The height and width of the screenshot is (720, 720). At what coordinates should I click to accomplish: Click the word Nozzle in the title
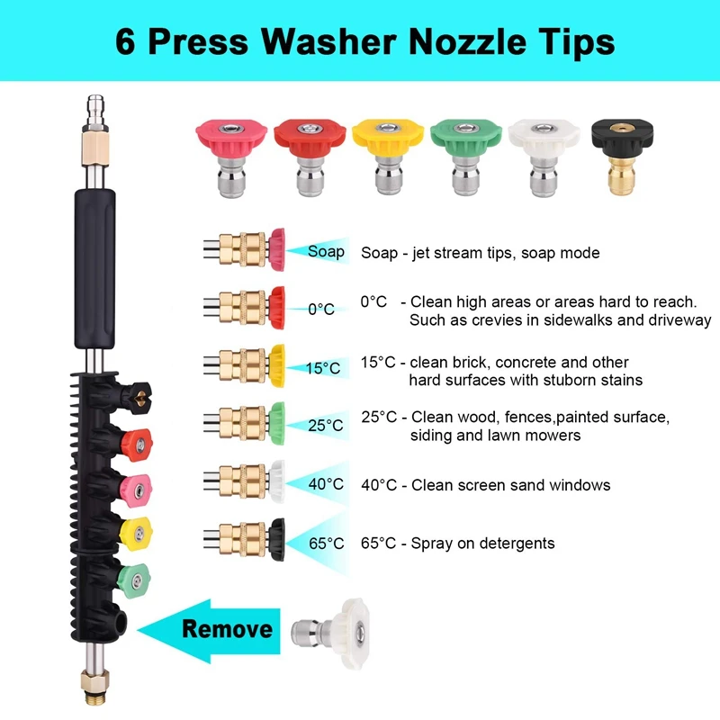pyautogui.click(x=467, y=41)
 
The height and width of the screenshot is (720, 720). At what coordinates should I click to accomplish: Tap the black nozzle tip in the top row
pyautogui.click(x=622, y=156)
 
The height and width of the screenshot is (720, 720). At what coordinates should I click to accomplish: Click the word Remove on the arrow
pyautogui.click(x=228, y=629)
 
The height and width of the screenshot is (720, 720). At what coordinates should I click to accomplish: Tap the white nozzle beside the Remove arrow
pyautogui.click(x=330, y=634)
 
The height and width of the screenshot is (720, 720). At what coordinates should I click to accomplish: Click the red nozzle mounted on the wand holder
pyautogui.click(x=138, y=445)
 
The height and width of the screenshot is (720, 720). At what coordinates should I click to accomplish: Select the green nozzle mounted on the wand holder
pyautogui.click(x=133, y=580)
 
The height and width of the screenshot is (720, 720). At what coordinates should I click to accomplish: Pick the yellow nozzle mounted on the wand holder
pyautogui.click(x=136, y=534)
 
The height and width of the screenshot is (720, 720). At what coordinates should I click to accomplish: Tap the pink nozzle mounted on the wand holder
pyautogui.click(x=137, y=490)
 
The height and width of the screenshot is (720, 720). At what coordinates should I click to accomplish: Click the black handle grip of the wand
pyautogui.click(x=95, y=268)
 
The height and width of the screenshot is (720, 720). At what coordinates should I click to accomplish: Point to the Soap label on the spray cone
pyautogui.click(x=326, y=252)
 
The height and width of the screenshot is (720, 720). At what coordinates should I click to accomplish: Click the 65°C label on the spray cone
pyautogui.click(x=327, y=544)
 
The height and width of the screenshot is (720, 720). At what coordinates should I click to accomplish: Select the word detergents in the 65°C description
pyautogui.click(x=516, y=544)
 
